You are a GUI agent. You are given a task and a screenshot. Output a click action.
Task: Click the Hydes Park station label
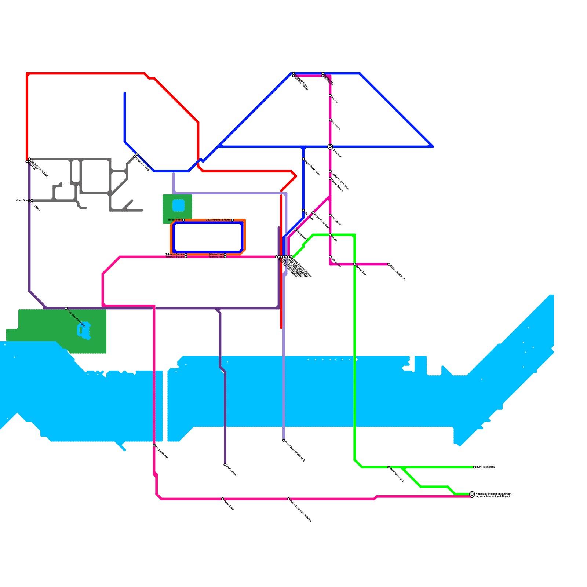(x=175, y=220)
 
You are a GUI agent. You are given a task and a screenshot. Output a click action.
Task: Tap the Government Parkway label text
(x=218, y=220)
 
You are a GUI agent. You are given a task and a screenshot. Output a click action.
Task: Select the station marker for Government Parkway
(x=232, y=220)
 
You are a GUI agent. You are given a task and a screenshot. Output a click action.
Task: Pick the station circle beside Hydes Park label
(x=183, y=220)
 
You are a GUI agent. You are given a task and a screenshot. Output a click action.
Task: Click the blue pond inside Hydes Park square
(x=178, y=205)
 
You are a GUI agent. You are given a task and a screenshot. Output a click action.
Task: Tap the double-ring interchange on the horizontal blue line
(x=330, y=147)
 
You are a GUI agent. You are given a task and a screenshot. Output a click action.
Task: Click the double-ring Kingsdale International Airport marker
(x=472, y=494)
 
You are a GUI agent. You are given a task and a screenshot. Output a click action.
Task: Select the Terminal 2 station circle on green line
(x=474, y=467)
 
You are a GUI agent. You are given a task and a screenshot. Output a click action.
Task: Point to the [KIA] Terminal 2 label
(x=486, y=467)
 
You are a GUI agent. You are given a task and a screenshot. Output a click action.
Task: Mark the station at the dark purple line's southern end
(x=225, y=465)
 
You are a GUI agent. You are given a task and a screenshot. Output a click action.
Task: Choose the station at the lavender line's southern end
(x=284, y=440)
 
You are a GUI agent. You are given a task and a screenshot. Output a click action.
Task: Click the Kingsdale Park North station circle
(x=66, y=308)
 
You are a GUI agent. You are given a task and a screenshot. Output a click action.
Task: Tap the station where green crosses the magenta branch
(x=355, y=264)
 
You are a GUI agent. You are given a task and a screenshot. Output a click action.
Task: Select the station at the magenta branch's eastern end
(x=389, y=264)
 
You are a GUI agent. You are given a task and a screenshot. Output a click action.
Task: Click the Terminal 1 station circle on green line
(x=389, y=467)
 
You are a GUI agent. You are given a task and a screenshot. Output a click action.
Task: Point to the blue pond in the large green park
(x=84, y=331)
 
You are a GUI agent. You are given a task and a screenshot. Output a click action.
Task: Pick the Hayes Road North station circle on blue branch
(x=303, y=159)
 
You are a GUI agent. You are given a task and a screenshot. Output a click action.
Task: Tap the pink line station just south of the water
(x=154, y=445)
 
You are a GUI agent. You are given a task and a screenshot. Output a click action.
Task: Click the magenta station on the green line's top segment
(x=330, y=235)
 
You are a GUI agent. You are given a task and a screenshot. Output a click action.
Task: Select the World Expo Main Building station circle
(x=289, y=499)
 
